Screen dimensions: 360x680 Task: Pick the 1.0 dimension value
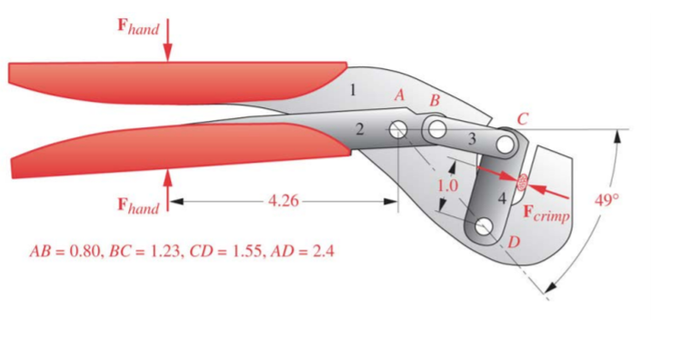(448, 185)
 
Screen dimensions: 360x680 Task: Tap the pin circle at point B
(437, 130)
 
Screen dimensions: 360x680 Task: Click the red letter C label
(521, 118)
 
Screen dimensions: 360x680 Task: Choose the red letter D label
(513, 242)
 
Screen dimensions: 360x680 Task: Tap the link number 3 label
(471, 139)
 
